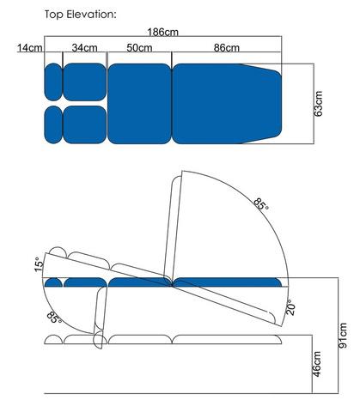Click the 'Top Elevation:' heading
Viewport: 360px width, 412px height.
click(81, 15)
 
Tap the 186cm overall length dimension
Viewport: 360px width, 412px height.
click(162, 32)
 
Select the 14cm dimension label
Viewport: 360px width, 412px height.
click(30, 48)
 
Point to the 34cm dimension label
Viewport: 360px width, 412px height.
click(84, 47)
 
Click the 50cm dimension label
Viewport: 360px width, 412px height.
click(139, 47)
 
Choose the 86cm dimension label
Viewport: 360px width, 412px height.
click(227, 47)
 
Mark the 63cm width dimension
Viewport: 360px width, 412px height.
click(318, 104)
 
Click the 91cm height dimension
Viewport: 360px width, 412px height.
click(343, 336)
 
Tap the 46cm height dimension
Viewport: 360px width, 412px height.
click(318, 364)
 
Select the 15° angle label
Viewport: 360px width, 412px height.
click(39, 264)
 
